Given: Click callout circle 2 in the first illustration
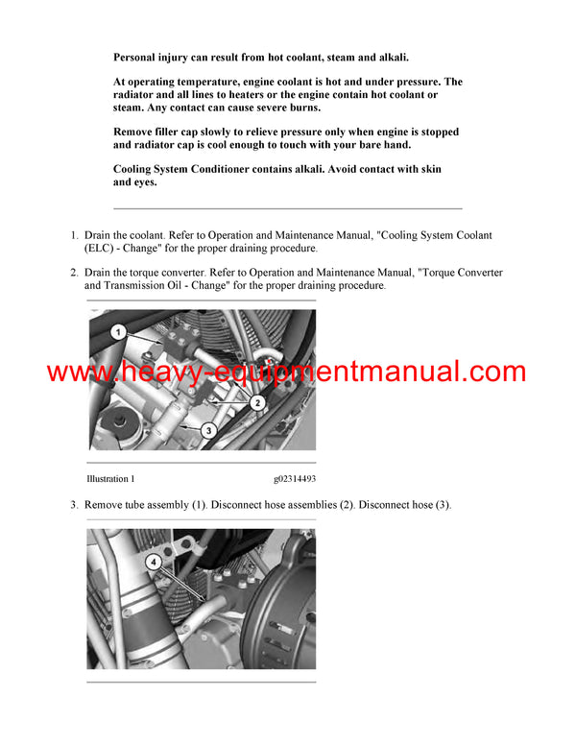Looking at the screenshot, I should pyautogui.click(x=257, y=403).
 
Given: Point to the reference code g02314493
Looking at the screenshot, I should pyautogui.click(x=294, y=478).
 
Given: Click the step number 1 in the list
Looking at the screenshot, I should pyautogui.click(x=74, y=235).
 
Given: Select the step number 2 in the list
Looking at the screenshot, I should pyautogui.click(x=74, y=273).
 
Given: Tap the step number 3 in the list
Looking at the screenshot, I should pyautogui.click(x=74, y=505).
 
